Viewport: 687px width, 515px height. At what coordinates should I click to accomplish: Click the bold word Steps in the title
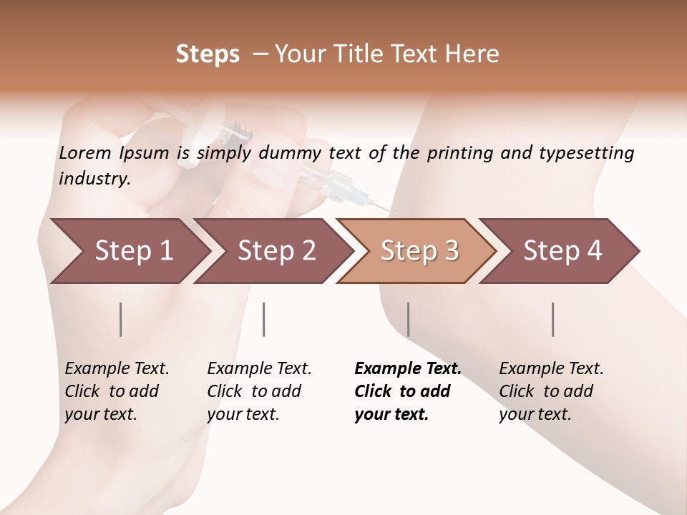(208, 54)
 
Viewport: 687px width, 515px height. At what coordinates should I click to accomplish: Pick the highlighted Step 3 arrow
(419, 251)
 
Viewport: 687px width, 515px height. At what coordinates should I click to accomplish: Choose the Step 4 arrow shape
(562, 251)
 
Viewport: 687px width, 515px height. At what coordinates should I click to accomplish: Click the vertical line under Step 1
(121, 319)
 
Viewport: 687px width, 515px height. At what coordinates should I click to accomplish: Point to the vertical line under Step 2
(264, 319)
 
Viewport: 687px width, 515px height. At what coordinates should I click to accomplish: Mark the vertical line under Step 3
(408, 319)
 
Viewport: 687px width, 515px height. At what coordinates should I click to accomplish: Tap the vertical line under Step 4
(552, 319)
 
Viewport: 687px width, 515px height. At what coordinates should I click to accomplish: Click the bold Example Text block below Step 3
(408, 391)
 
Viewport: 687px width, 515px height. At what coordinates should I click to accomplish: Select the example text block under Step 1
(117, 391)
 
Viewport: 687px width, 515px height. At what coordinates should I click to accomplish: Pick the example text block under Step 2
(259, 391)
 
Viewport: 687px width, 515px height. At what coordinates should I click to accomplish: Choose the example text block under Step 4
(551, 391)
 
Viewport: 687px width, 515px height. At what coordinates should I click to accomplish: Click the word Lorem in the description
(85, 152)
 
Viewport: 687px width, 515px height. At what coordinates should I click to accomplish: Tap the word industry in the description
(94, 179)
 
